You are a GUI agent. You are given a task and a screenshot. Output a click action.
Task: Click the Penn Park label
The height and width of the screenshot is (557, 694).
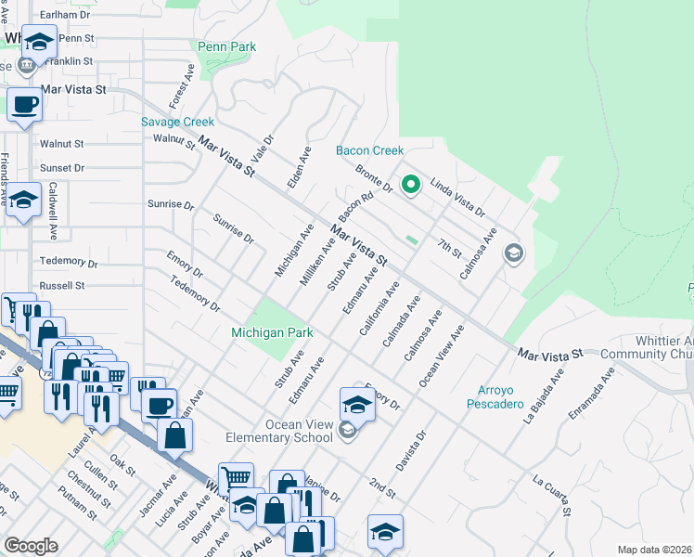tap(226, 46)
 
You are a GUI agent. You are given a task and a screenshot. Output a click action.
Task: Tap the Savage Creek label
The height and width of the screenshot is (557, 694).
tap(177, 122)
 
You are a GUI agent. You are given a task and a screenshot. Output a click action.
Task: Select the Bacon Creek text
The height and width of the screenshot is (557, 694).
tap(369, 150)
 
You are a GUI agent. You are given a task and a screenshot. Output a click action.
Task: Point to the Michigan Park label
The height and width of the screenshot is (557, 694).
tap(272, 332)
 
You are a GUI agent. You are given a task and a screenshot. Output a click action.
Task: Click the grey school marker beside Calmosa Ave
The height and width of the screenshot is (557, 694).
tap(512, 253)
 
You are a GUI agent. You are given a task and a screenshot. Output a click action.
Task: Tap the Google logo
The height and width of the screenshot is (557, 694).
tap(31, 545)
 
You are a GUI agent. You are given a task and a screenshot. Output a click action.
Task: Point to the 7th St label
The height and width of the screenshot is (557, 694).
tap(449, 248)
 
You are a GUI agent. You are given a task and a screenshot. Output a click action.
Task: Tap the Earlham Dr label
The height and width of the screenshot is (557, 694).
tap(62, 15)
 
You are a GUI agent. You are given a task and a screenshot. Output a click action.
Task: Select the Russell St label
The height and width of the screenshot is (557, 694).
tap(62, 285)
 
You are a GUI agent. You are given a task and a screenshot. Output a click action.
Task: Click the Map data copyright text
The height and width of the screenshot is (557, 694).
tap(655, 550)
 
